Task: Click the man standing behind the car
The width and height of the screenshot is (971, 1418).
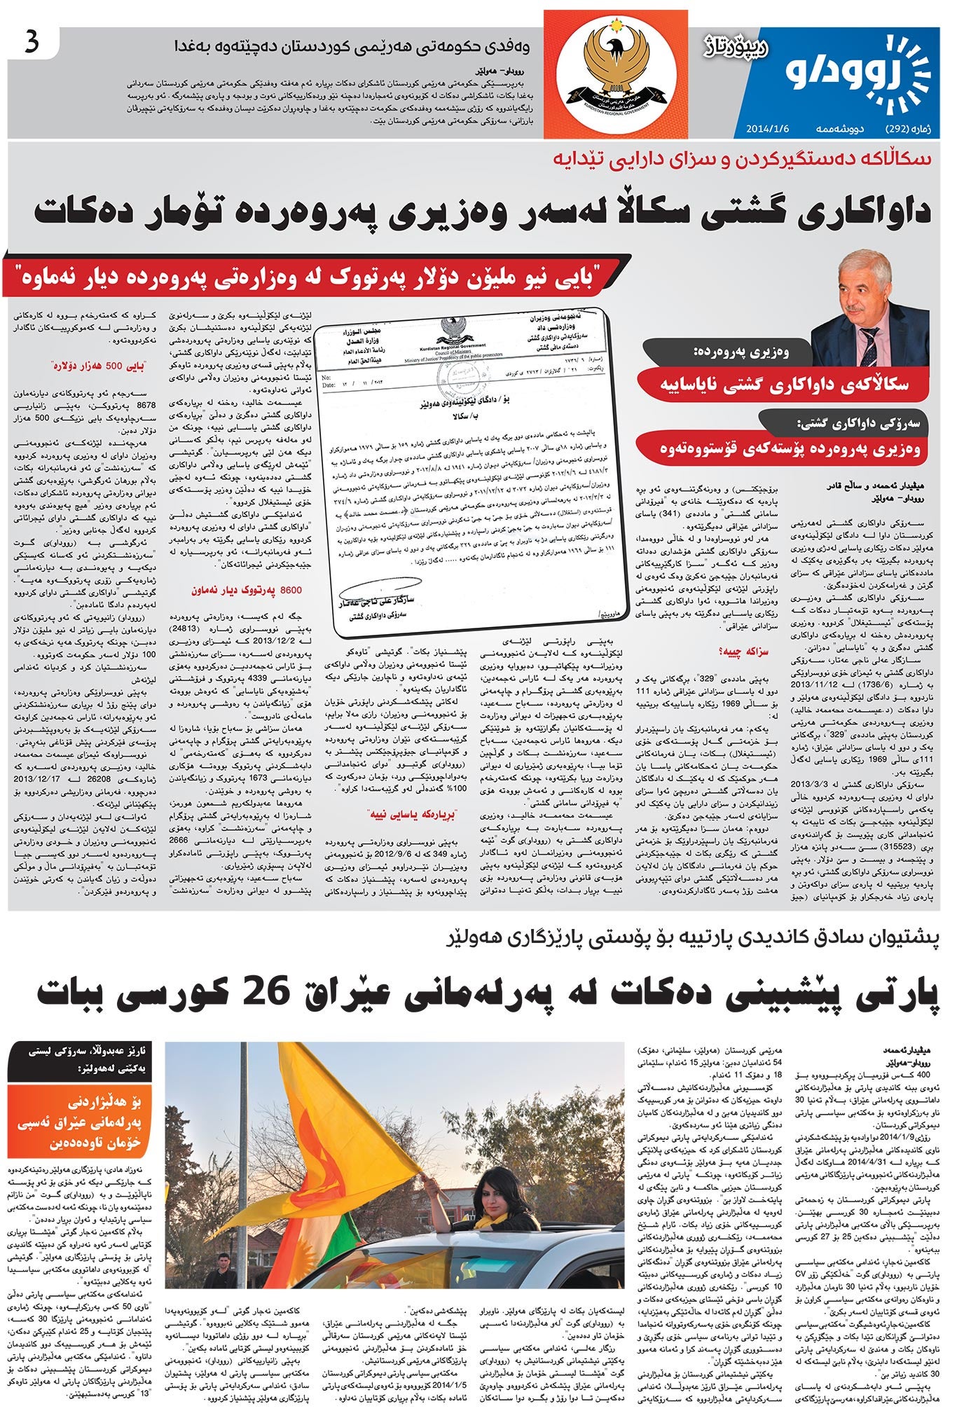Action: [223, 1271]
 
